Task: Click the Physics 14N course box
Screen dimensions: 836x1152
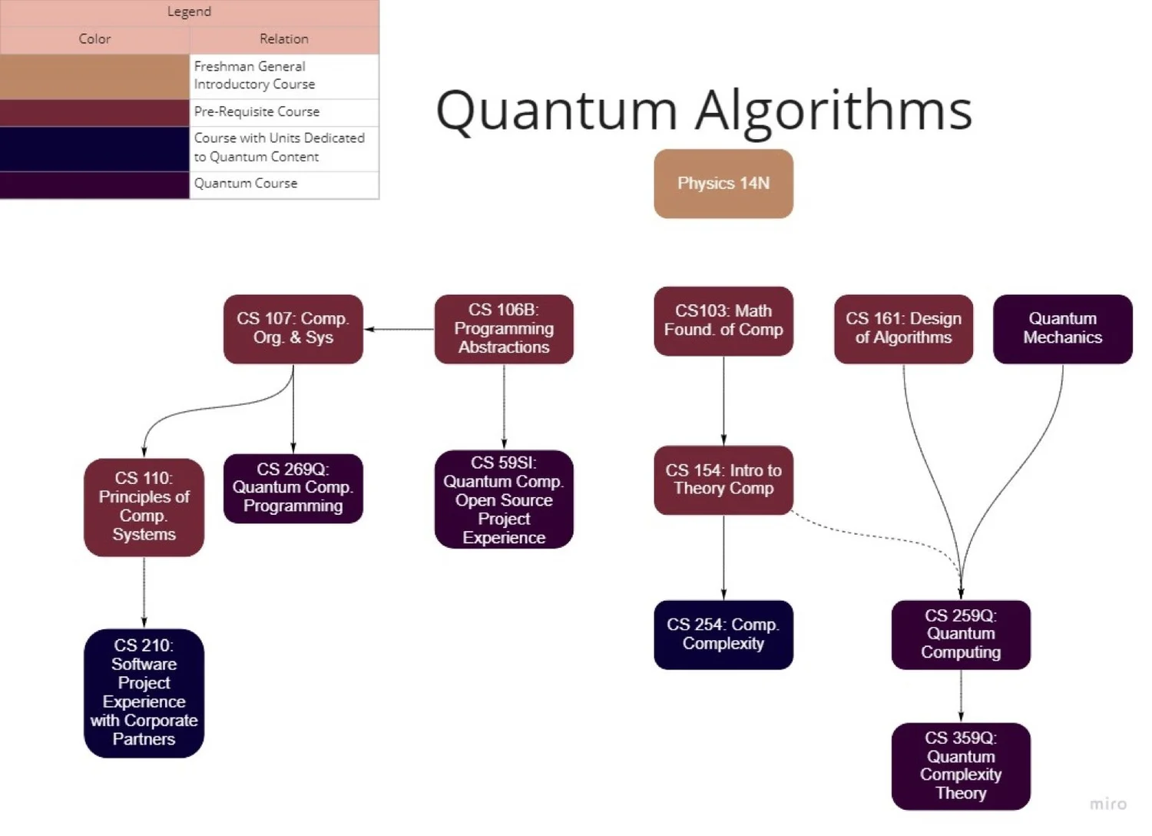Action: (723, 184)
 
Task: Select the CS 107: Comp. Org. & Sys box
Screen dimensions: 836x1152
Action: (293, 329)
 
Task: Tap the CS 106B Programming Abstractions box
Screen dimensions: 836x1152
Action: (504, 329)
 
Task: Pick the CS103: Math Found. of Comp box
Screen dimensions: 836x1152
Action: (723, 321)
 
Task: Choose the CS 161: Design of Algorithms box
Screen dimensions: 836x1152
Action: (903, 329)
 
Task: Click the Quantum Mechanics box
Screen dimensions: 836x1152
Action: (1062, 329)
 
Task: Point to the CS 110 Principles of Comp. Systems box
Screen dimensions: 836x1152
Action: (144, 507)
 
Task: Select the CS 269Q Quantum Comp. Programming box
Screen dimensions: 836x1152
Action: (293, 489)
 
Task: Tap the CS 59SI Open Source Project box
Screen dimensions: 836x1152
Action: (504, 499)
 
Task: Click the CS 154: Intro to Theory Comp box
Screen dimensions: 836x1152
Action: (723, 480)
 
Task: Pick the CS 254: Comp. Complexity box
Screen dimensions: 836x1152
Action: (723, 635)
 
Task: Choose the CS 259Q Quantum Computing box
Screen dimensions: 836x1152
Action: (961, 635)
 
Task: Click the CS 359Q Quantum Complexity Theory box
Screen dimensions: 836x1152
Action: (961, 766)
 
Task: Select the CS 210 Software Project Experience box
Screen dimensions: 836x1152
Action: (144, 693)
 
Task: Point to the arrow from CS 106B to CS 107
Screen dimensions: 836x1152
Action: (399, 330)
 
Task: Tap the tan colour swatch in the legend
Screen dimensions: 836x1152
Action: (94, 76)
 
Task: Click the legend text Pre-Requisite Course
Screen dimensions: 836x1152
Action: (257, 112)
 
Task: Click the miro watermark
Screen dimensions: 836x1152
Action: (1107, 804)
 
